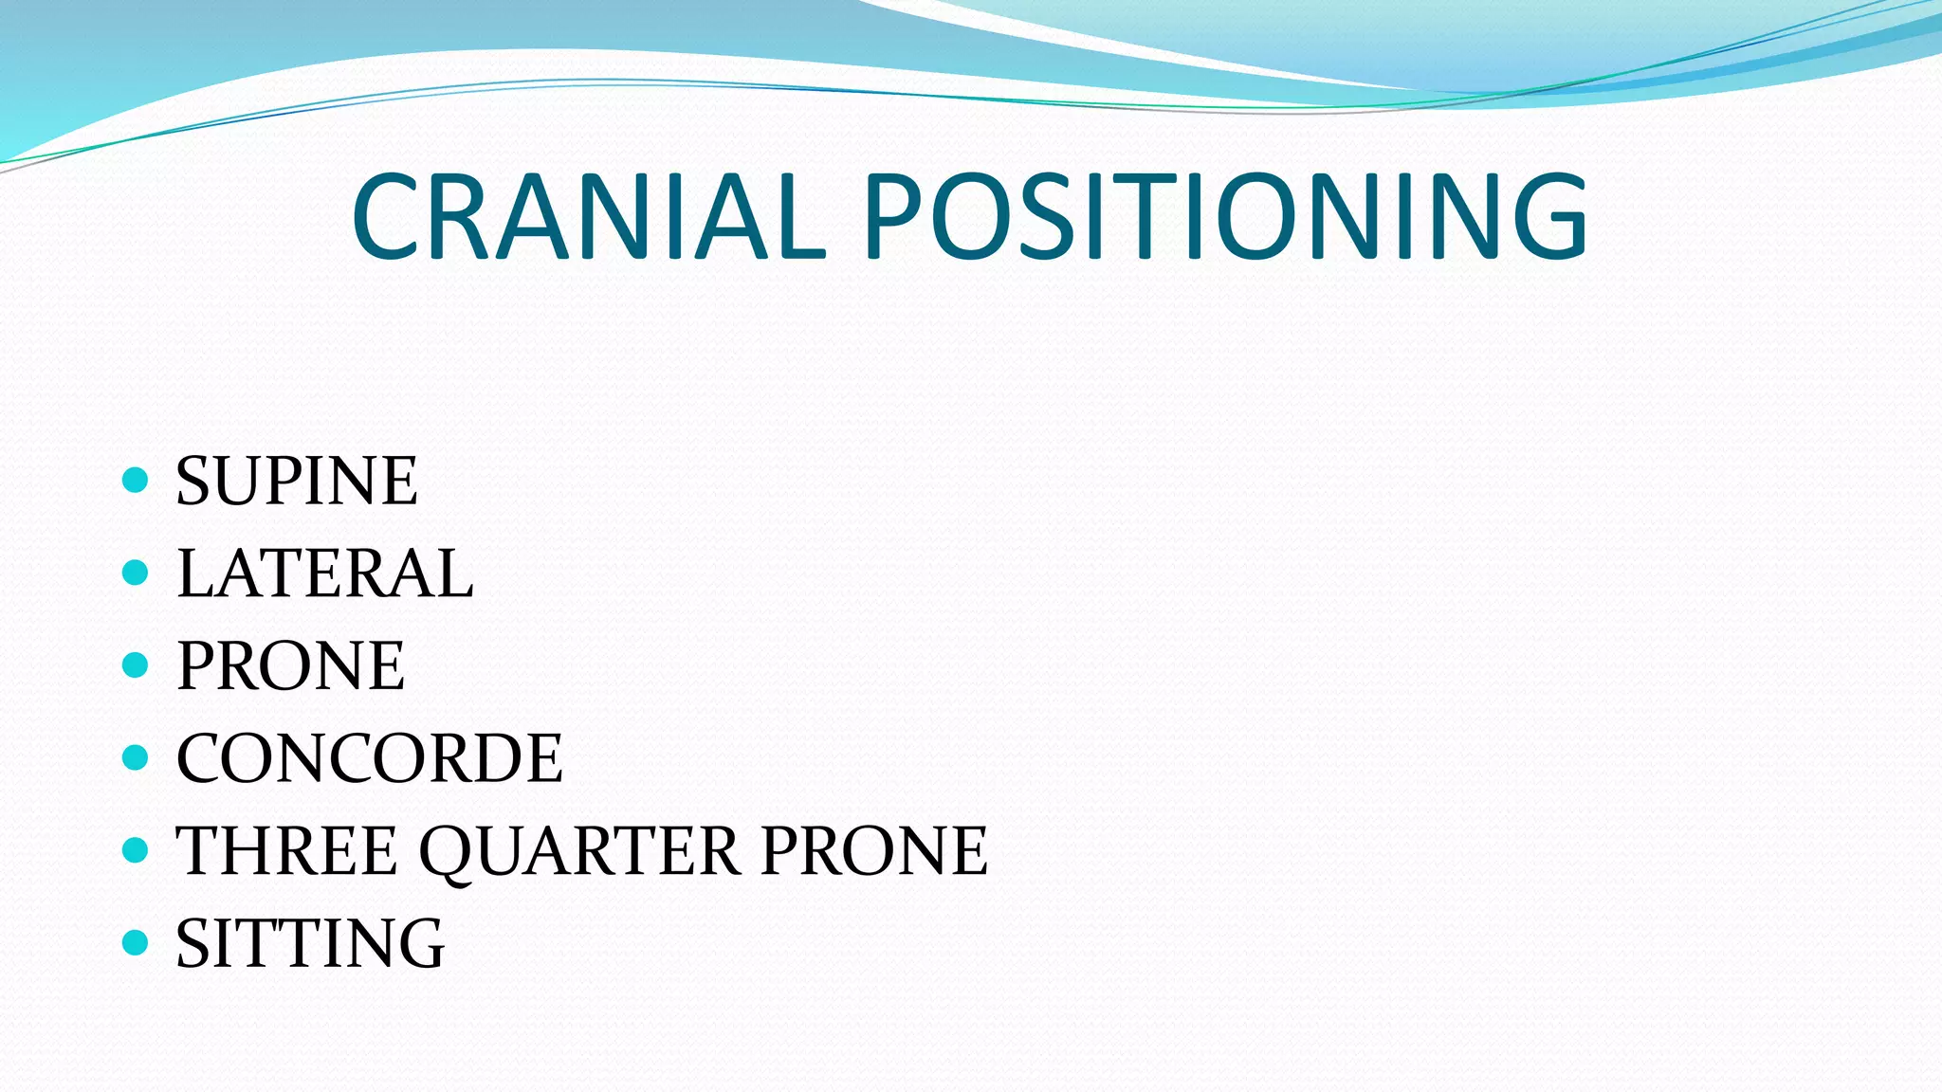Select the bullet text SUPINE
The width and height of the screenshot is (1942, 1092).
(x=297, y=481)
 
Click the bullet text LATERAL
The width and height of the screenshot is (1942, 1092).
(x=324, y=573)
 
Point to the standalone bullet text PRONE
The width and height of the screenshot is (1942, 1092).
(x=291, y=665)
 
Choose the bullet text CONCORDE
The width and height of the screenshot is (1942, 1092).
(x=370, y=758)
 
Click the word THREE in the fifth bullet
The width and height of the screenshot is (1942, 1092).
(x=286, y=850)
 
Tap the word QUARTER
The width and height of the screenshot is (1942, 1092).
(x=579, y=850)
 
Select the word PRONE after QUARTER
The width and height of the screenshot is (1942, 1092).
(x=874, y=850)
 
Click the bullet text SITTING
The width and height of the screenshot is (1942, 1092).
(x=310, y=943)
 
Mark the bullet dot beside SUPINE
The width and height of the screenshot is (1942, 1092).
(x=136, y=480)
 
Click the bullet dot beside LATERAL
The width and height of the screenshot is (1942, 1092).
(x=136, y=573)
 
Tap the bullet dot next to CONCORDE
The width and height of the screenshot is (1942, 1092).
(x=136, y=757)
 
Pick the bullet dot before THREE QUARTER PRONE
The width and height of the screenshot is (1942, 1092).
(x=136, y=849)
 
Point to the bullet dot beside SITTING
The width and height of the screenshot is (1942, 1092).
(x=136, y=942)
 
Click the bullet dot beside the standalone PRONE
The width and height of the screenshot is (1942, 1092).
(x=136, y=664)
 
